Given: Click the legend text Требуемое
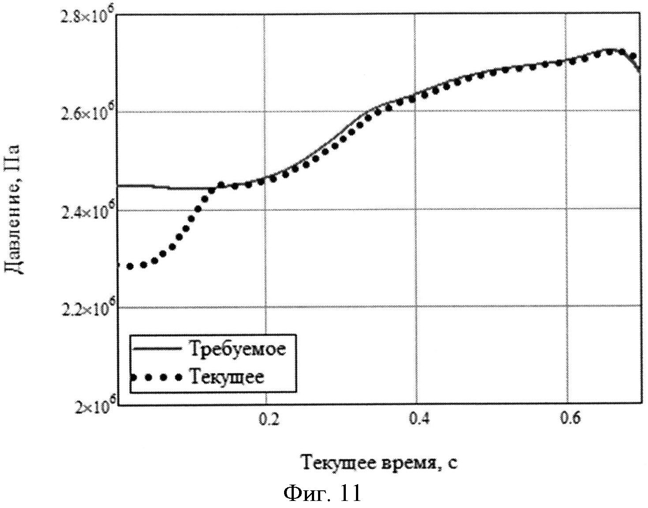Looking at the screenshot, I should coord(238,349).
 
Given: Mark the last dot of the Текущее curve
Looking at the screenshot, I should coord(632,56).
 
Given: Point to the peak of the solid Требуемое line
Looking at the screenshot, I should coord(609,49).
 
